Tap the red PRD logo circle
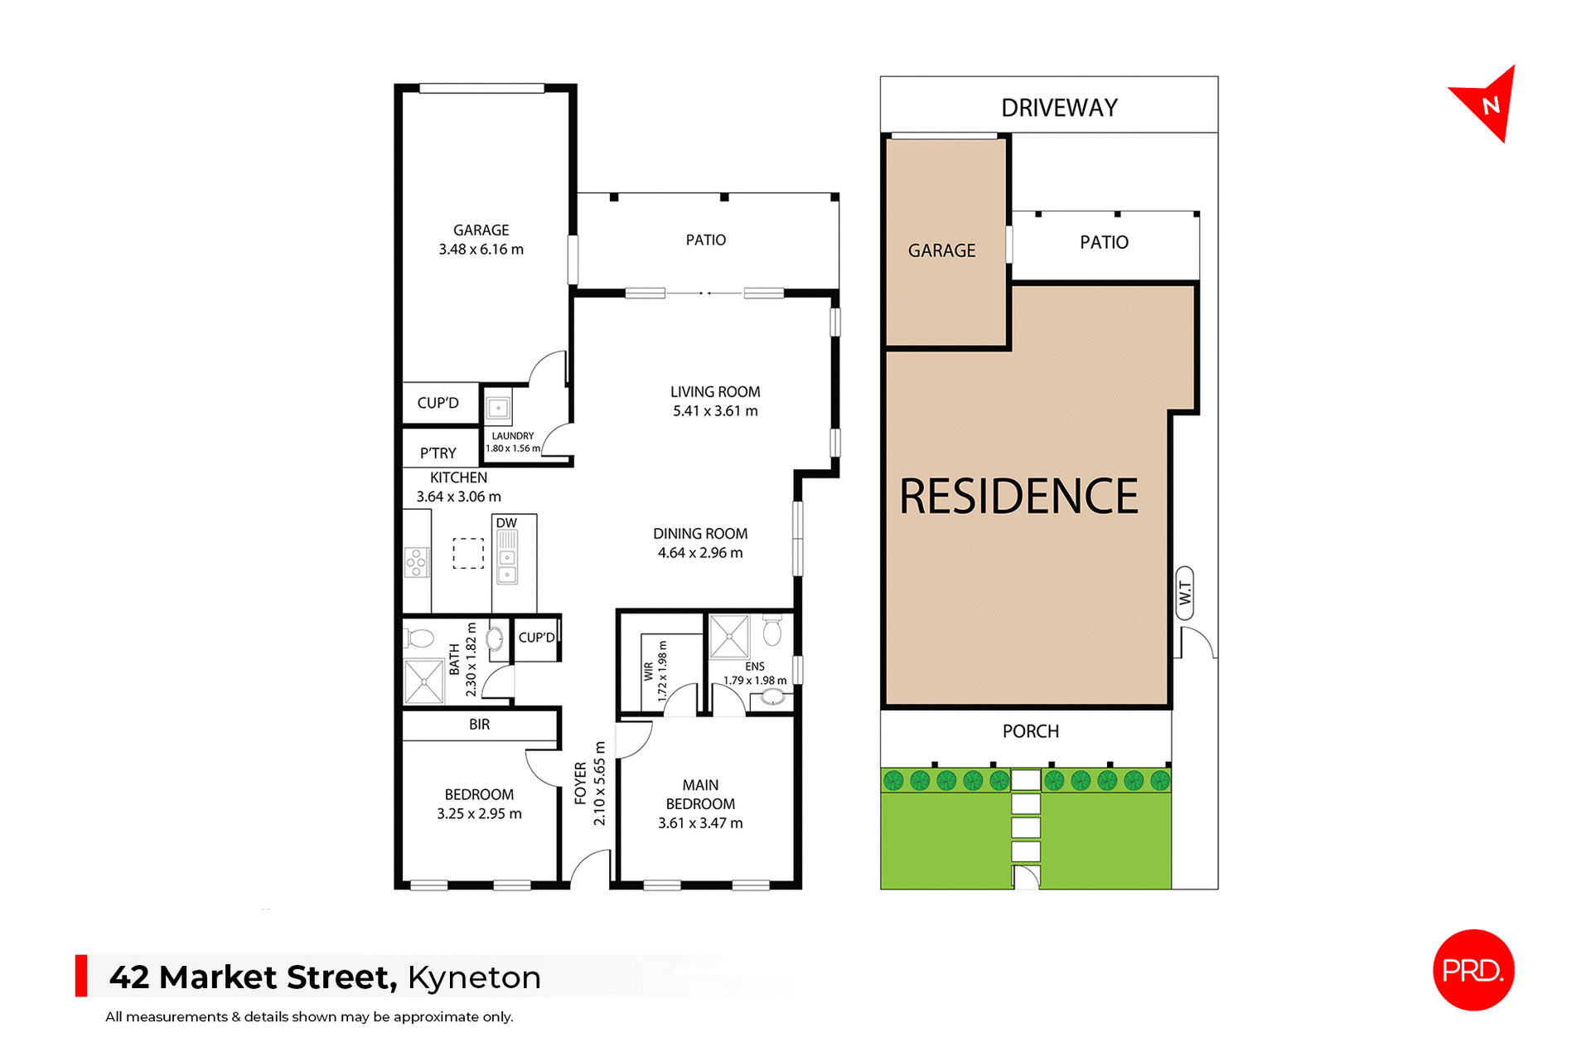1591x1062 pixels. click(x=1473, y=969)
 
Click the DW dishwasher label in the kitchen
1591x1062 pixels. click(x=506, y=523)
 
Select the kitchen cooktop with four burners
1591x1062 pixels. click(x=416, y=562)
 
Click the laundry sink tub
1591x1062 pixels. click(x=498, y=408)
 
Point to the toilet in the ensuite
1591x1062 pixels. click(x=771, y=631)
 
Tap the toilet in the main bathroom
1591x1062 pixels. click(x=419, y=638)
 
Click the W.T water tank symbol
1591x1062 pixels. click(x=1185, y=593)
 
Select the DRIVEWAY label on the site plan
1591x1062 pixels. click(x=1059, y=108)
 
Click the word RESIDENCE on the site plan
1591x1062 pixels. click(x=1018, y=497)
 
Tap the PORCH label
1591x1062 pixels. click(x=1030, y=731)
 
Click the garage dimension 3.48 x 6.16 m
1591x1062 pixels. click(x=481, y=250)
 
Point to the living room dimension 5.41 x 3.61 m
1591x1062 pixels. click(x=715, y=411)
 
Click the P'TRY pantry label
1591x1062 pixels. click(x=438, y=453)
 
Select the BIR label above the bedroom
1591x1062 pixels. click(x=479, y=725)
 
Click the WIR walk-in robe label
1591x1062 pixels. click(x=648, y=671)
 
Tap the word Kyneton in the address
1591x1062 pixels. click(x=474, y=977)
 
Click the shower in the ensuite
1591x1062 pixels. click(x=729, y=637)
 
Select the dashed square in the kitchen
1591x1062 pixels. click(x=468, y=554)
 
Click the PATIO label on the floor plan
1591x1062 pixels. click(x=705, y=240)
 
